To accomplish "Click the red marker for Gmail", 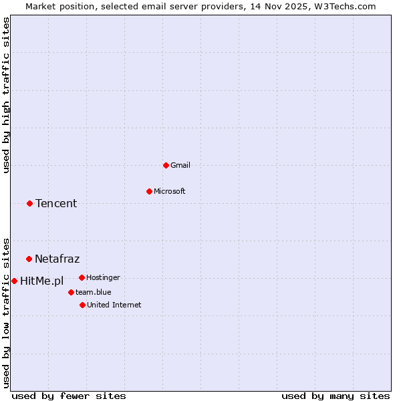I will pyautogui.click(x=166, y=165).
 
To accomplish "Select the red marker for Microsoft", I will pyautogui.click(x=149, y=191).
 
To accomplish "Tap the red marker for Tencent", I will pyautogui.click(x=29, y=203).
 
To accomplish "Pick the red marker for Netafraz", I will pyautogui.click(x=29, y=259).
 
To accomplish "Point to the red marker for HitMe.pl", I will pyautogui.click(x=14, y=281).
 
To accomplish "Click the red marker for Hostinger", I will pyautogui.click(x=82, y=277).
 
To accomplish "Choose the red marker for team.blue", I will pyautogui.click(x=71, y=292).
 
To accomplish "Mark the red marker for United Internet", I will pyautogui.click(x=82, y=305).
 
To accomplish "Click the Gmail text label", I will pyautogui.click(x=180, y=165).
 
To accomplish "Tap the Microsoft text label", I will pyautogui.click(x=170, y=191).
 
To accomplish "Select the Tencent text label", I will pyautogui.click(x=56, y=203).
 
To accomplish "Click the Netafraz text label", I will pyautogui.click(x=57, y=259).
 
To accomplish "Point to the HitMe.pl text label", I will pyautogui.click(x=41, y=281).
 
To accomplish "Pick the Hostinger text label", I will pyautogui.click(x=103, y=277).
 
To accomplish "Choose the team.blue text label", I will pyautogui.click(x=93, y=292).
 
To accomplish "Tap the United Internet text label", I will pyautogui.click(x=114, y=305).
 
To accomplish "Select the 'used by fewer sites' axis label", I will pyautogui.click(x=69, y=396).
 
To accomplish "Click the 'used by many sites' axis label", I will pyautogui.click(x=336, y=396).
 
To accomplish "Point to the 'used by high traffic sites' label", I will pyautogui.click(x=6, y=95).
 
